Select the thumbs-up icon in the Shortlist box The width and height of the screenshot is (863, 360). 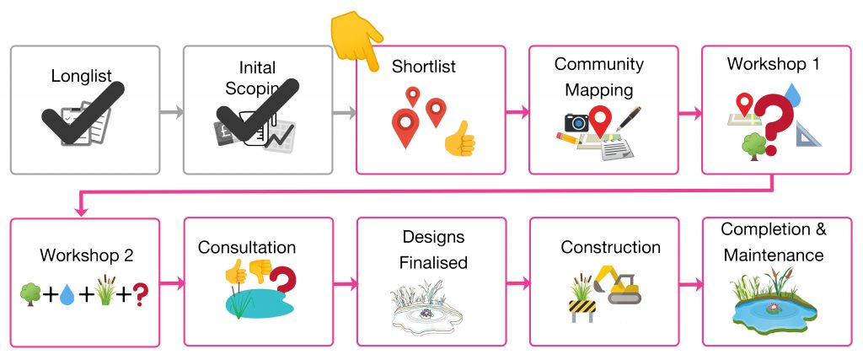pos(459,138)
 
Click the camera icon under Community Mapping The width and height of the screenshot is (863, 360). pos(576,122)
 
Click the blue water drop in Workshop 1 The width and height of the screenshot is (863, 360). pos(792,90)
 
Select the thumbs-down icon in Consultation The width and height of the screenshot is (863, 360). pos(259,272)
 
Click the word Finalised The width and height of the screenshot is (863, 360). pos(433,262)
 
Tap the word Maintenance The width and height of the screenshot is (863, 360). pos(773,254)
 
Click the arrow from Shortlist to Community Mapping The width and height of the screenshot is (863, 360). pos(517,111)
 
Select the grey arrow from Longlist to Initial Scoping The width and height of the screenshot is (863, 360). pos(171,111)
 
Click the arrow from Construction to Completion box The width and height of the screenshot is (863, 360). pos(689,283)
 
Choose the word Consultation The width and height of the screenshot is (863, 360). pos(247,248)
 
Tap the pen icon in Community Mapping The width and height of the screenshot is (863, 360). pos(629,118)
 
